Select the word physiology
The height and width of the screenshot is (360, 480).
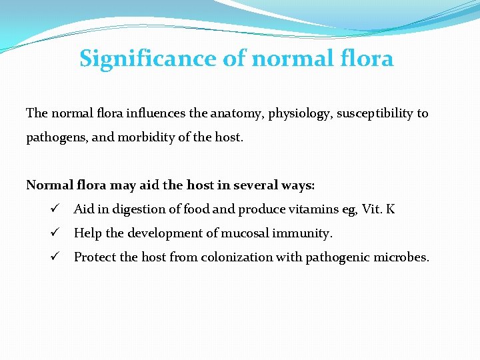(x=299, y=113)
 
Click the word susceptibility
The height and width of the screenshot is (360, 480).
(x=375, y=113)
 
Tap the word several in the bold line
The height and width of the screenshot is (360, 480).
(x=250, y=185)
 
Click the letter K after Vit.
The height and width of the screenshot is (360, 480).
(x=391, y=209)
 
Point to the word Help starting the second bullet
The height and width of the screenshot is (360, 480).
(x=86, y=233)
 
